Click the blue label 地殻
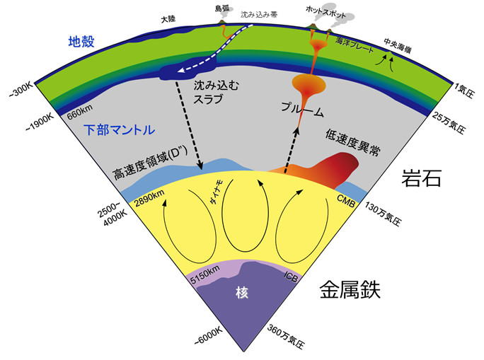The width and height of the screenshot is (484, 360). pyautogui.click(x=81, y=41)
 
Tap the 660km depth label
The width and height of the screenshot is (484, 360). pyautogui.click(x=80, y=112)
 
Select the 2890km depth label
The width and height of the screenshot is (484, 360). pyautogui.click(x=150, y=198)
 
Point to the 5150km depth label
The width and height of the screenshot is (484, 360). pyautogui.click(x=204, y=274)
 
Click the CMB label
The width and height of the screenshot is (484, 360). pyautogui.click(x=346, y=201)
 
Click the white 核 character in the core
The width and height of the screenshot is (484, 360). pyautogui.click(x=242, y=292)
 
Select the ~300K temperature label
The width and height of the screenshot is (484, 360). pyautogui.click(x=21, y=91)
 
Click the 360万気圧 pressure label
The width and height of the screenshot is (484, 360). pyautogui.click(x=286, y=336)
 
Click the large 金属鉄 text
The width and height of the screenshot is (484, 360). pyautogui.click(x=350, y=290)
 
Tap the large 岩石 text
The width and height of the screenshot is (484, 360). pyautogui.click(x=421, y=178)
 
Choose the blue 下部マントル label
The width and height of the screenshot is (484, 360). pyautogui.click(x=119, y=129)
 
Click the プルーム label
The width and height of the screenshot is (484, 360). pyautogui.click(x=302, y=109)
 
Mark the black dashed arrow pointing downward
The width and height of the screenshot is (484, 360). pyautogui.click(x=189, y=125)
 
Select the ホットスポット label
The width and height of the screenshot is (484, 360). pyautogui.click(x=325, y=12)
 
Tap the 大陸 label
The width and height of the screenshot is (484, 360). pyautogui.click(x=168, y=19)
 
